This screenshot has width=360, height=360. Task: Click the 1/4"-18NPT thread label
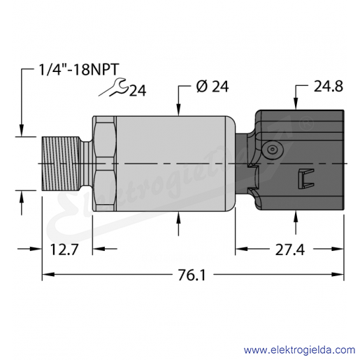click(78, 69)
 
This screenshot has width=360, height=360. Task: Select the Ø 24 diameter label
click(213, 87)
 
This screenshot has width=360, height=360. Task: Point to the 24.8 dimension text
click(329, 87)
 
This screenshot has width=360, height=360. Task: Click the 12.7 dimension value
click(64, 250)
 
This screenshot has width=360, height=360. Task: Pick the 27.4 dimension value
click(290, 250)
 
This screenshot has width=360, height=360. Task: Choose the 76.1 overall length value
click(192, 275)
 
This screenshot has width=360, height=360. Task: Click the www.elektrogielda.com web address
click(299, 350)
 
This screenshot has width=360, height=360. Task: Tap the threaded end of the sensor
click(60, 164)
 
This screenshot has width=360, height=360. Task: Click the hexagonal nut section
click(104, 164)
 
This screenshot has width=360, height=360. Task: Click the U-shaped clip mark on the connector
click(306, 178)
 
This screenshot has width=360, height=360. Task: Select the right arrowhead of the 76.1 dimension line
click(338, 275)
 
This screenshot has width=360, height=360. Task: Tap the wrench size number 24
click(138, 91)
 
